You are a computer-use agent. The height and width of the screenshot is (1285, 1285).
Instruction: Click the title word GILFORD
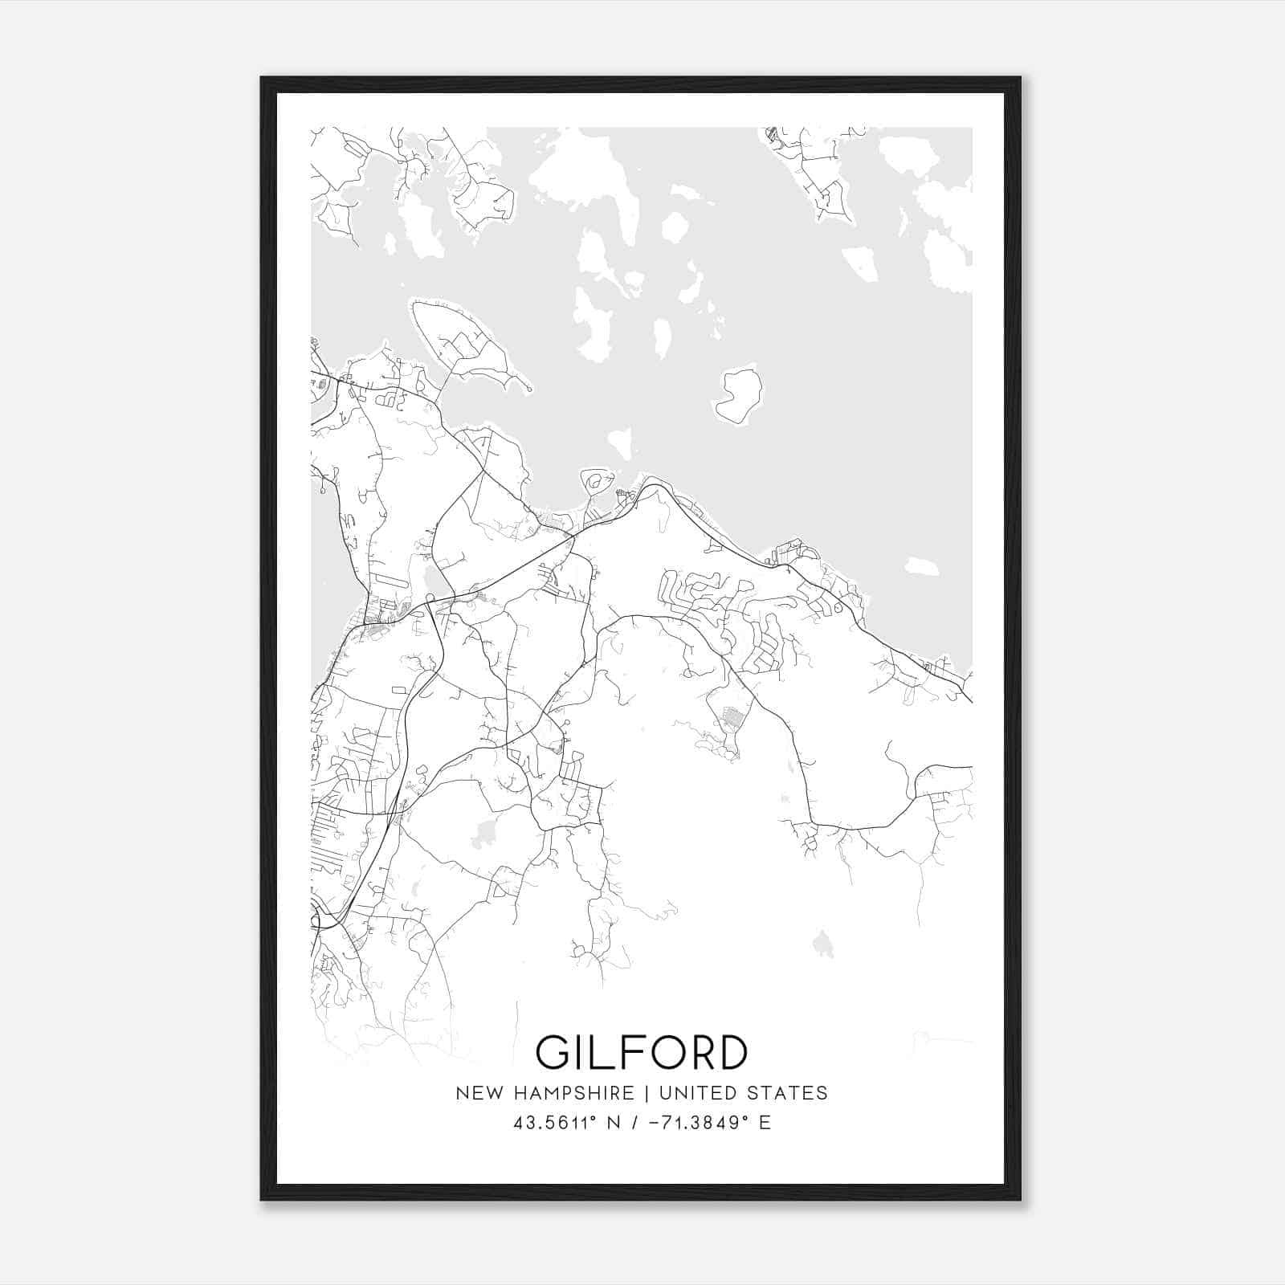point(641,1052)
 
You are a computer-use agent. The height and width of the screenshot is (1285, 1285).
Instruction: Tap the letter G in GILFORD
point(553,1052)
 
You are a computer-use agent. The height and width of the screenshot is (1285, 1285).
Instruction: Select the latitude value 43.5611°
point(556,1123)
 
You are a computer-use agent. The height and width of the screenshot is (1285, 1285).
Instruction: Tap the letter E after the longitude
point(765,1123)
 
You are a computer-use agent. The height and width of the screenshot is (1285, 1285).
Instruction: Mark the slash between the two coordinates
point(636,1123)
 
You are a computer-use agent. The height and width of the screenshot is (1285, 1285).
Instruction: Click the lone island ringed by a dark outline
point(738,396)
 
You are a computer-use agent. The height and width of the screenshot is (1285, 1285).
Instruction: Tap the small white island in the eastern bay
point(921,566)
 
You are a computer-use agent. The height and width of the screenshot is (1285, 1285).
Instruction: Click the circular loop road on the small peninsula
point(595,482)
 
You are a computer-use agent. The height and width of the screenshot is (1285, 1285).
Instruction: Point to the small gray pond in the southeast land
point(822,944)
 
